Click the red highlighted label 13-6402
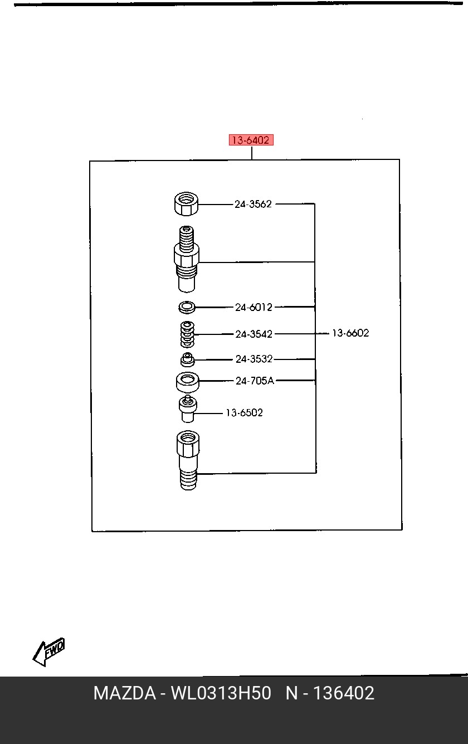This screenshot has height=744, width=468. point(251,140)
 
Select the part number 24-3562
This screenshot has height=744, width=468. point(253,204)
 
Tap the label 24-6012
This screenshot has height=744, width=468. point(253,307)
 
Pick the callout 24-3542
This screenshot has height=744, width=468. point(254,334)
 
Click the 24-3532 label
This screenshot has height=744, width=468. point(254,359)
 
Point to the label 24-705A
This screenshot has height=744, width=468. point(255,381)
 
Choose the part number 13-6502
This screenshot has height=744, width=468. point(245,412)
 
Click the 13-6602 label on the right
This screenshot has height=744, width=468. point(350,333)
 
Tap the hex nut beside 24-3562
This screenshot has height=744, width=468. point(186,203)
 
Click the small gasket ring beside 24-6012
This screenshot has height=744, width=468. point(187,307)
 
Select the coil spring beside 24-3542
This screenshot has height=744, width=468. point(187,334)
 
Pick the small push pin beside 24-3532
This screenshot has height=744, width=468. point(188,359)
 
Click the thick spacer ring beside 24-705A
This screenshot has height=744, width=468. point(188,382)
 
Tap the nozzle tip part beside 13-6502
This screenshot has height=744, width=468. point(188,409)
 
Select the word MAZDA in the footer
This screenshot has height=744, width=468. point(125,693)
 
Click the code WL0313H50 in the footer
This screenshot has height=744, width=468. point(221,693)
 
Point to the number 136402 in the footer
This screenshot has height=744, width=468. point(344,693)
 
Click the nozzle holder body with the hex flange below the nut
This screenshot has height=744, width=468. point(187,259)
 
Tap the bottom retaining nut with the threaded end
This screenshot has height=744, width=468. point(188,460)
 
